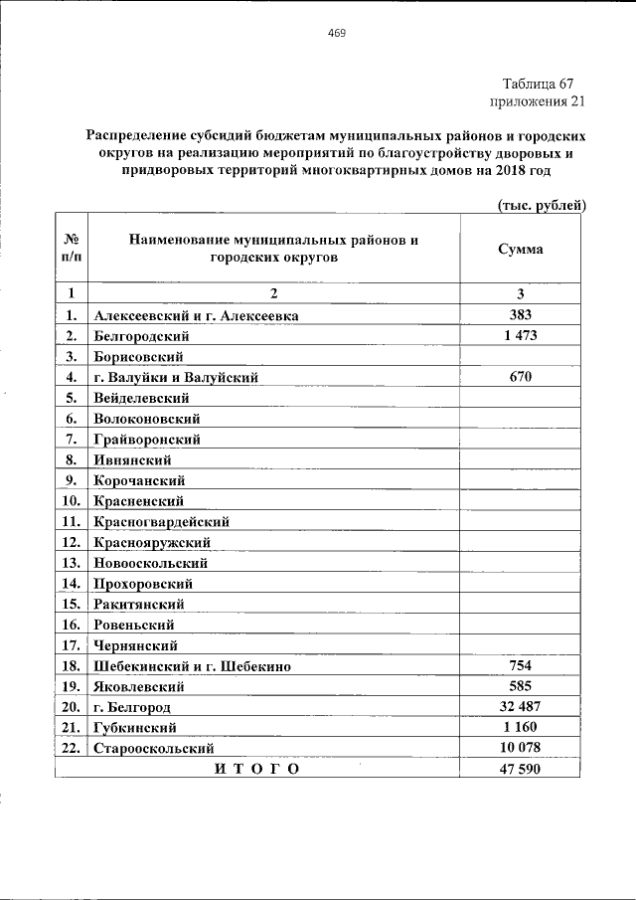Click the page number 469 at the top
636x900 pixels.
(x=336, y=34)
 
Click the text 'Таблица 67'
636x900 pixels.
(x=538, y=84)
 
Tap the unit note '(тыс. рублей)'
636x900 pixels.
(x=542, y=205)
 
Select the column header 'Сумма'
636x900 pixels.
(x=520, y=249)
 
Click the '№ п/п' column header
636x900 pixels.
(x=72, y=249)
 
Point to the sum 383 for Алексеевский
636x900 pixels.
(x=520, y=315)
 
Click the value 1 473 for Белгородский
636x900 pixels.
(x=520, y=335)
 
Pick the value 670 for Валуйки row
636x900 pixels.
(x=520, y=377)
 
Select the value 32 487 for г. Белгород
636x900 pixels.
(x=520, y=706)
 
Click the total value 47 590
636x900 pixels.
(x=520, y=769)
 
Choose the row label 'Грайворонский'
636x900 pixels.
(x=147, y=439)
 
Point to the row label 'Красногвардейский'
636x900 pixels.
(x=162, y=521)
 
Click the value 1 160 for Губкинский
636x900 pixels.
(x=520, y=727)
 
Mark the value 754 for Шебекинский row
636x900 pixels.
(x=520, y=665)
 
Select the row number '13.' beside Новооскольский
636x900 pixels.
(x=70, y=563)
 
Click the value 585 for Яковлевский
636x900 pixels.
(x=520, y=686)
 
